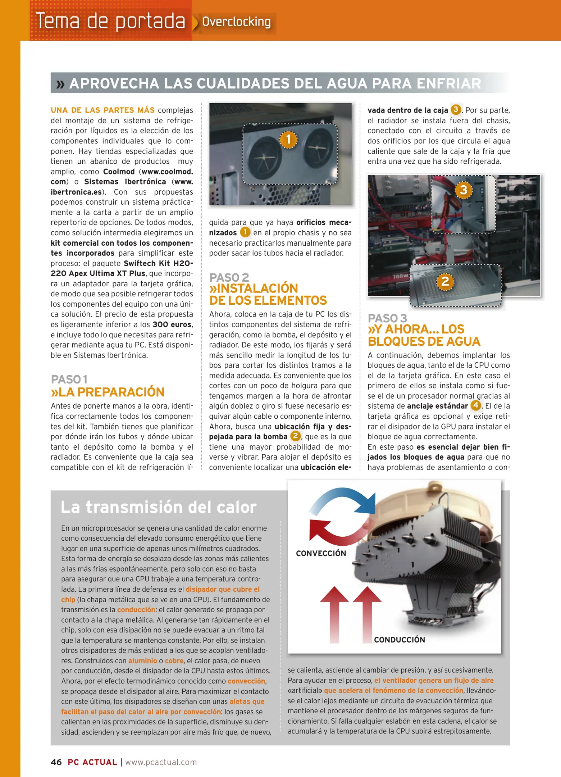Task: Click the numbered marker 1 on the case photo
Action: (x=288, y=139)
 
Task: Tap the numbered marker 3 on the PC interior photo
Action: (x=464, y=190)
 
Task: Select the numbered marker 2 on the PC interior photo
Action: (x=445, y=281)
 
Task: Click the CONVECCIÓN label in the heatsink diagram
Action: (x=321, y=553)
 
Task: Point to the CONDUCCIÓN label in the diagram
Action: (x=399, y=640)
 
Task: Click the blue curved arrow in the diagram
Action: (x=345, y=498)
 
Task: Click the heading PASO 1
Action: (x=69, y=380)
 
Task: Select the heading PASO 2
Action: (x=229, y=277)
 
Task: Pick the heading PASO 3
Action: (x=387, y=318)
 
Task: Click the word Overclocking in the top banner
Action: (x=236, y=22)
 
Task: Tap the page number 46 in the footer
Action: (x=56, y=762)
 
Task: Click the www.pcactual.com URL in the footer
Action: (x=161, y=762)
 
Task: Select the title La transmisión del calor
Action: (x=159, y=507)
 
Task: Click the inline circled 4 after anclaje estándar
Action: (x=475, y=405)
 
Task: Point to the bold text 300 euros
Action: (x=172, y=324)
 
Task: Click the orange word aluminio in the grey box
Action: (x=142, y=661)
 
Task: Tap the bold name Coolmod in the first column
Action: (x=119, y=172)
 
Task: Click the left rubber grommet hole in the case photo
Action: (x=264, y=158)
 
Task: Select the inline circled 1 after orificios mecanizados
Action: (x=245, y=232)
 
